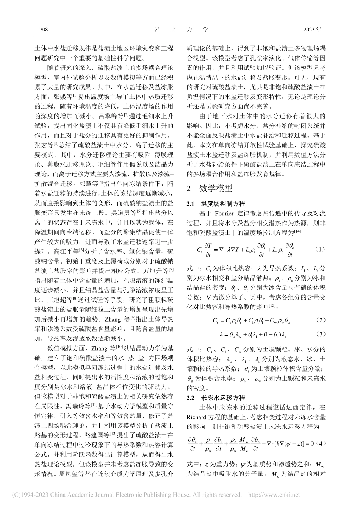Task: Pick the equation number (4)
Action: click(x=320, y=442)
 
